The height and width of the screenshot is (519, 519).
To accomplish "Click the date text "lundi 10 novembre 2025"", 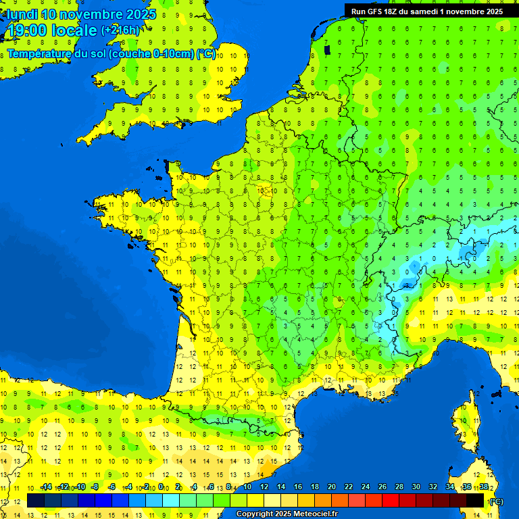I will coord(81,14).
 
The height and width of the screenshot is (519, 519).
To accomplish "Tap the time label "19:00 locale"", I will coord(52,30).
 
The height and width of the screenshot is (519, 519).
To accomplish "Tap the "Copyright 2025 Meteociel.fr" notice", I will coord(287,514).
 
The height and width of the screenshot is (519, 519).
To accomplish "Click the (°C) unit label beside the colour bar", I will coord(495,501).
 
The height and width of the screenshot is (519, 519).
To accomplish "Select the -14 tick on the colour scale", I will coord(46,487).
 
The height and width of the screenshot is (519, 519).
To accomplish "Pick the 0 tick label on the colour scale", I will coord(160,487).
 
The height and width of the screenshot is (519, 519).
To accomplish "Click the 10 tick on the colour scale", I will coord(247,487).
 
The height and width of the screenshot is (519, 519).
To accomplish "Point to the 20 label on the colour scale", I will coord(331,487).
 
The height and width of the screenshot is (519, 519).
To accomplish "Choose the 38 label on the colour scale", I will coord(484,487).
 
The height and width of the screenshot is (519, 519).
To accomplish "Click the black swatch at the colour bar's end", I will coord(476,501).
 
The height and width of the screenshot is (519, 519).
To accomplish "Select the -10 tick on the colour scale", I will coord(80,487).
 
